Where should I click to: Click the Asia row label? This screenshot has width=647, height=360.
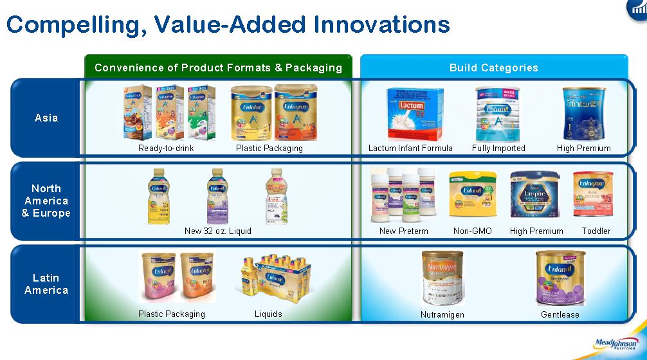coord(46,118)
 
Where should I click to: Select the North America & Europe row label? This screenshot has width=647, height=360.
coord(46,201)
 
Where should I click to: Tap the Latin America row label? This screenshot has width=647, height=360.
coord(46,283)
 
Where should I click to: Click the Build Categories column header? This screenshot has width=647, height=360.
coord(493,67)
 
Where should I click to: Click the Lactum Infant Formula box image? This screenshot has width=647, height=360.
coord(414,114)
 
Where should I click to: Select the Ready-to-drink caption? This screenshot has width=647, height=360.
coord(166,148)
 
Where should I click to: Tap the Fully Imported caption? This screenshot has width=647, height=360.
coord(498,148)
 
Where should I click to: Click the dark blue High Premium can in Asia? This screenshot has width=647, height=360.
coord(584,114)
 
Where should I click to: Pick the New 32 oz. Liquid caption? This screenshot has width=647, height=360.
coord(218,231)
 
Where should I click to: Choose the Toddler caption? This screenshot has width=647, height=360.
coord(596,231)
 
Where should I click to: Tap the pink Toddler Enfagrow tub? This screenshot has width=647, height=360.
coord(592,194)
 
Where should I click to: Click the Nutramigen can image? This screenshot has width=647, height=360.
coord(442,278)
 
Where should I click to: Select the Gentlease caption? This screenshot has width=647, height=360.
coord(560,314)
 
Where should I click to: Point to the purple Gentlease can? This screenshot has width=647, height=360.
coord(560,278)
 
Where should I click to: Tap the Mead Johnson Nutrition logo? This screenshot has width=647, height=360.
coord(615,345)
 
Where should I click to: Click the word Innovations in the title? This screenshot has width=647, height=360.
coord(381,24)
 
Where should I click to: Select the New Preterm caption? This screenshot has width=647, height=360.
coord(403,231)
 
